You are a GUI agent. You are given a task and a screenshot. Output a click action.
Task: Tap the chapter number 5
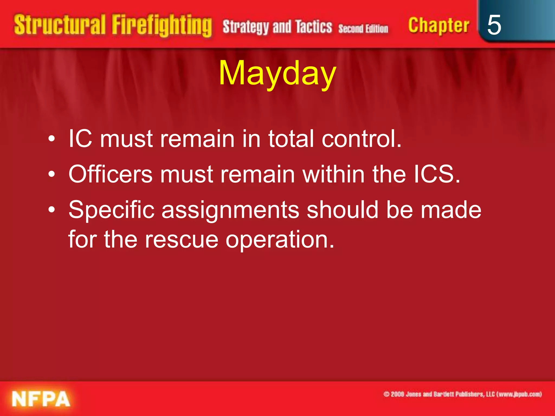click(494, 25)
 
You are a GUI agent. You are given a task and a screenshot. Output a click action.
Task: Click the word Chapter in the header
click(438, 25)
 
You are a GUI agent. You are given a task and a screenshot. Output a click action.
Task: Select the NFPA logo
click(41, 399)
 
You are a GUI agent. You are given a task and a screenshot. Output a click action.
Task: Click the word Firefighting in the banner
click(162, 25)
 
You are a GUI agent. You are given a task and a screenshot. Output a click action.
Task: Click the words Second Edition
click(363, 28)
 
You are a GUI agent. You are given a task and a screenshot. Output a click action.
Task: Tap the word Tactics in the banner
click(314, 27)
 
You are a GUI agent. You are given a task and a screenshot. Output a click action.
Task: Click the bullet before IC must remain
click(51, 139)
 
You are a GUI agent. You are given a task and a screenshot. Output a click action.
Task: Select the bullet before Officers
click(51, 175)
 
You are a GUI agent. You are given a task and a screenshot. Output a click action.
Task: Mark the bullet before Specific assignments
click(51, 210)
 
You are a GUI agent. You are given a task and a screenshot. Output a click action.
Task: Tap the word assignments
click(230, 211)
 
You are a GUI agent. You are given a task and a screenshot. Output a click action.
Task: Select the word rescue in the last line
click(181, 240)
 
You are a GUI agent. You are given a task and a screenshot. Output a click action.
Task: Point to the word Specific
click(111, 211)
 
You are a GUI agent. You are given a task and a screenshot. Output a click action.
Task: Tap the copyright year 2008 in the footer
click(397, 394)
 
